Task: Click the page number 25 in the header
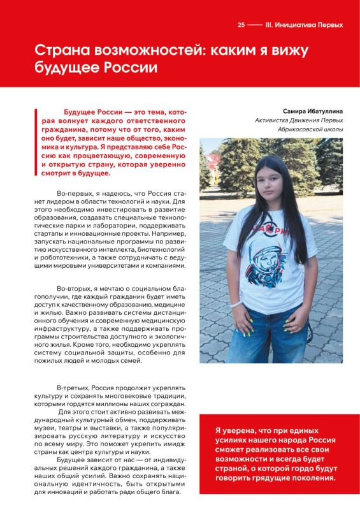[241, 25]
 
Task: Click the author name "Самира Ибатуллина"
[312, 110]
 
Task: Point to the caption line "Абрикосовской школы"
[310, 129]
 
